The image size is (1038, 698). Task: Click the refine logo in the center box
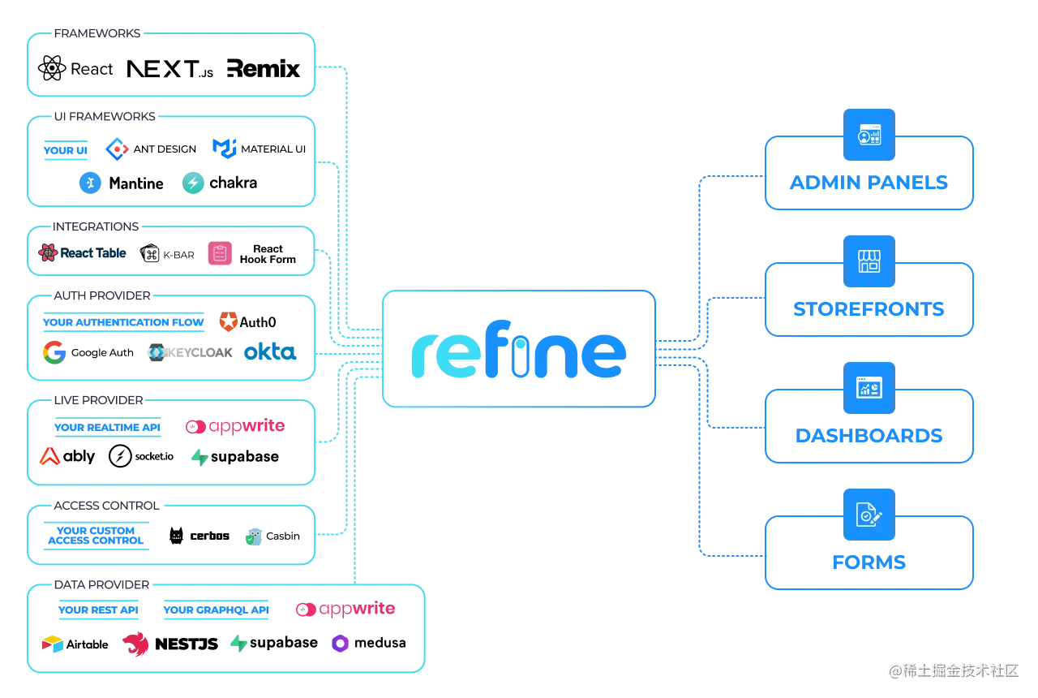pyautogui.click(x=518, y=355)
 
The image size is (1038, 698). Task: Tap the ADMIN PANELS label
pyautogui.click(x=869, y=183)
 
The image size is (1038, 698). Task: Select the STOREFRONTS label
pyautogui.click(x=869, y=309)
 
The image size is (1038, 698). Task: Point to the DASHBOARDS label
pyautogui.click(x=869, y=436)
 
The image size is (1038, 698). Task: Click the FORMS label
pyautogui.click(x=869, y=562)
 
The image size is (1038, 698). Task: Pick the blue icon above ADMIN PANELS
pyautogui.click(x=869, y=135)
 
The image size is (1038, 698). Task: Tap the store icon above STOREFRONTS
pyautogui.click(x=869, y=261)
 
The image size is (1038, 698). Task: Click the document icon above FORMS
pyautogui.click(x=869, y=515)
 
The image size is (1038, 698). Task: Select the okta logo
pyautogui.click(x=269, y=352)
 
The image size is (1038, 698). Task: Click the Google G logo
pyautogui.click(x=55, y=352)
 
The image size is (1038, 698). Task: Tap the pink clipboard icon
pyautogui.click(x=217, y=253)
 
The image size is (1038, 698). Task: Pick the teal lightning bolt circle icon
pyautogui.click(x=194, y=183)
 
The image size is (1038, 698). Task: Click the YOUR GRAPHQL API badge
pyautogui.click(x=217, y=610)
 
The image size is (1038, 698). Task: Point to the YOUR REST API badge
pyautogui.click(x=99, y=610)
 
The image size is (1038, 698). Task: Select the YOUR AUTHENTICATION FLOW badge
pyautogui.click(x=123, y=323)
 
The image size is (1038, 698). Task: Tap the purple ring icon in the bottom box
pyautogui.click(x=340, y=644)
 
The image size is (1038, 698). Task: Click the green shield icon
pyautogui.click(x=254, y=538)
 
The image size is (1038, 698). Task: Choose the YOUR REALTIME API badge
pyautogui.click(x=107, y=428)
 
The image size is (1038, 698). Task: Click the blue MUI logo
pyautogui.click(x=223, y=148)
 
